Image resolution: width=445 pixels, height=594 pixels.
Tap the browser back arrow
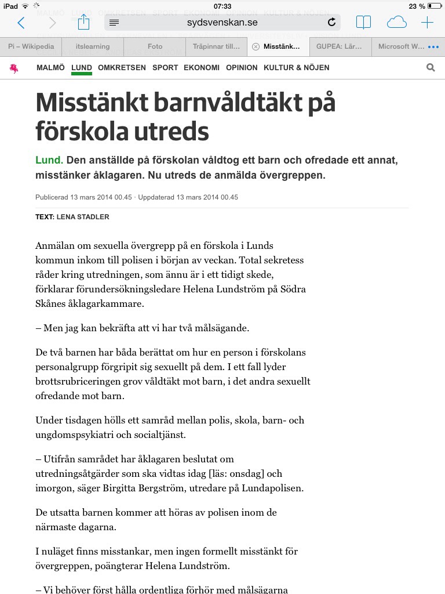coord(21,23)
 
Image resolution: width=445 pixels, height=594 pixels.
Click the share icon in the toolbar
coord(84,23)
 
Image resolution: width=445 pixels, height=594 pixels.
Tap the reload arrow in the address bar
coord(331,23)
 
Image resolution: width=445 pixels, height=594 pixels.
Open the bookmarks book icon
coord(363,23)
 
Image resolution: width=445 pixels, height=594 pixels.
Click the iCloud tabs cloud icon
coord(396,23)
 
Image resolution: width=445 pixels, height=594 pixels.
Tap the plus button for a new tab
coord(427,23)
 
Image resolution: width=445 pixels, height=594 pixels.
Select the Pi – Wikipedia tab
coord(31,46)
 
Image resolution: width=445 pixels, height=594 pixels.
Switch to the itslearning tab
coord(93,46)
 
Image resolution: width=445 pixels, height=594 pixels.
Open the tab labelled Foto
coord(155,46)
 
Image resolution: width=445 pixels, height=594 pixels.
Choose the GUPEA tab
coord(339,46)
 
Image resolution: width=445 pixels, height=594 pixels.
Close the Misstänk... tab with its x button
coord(256,46)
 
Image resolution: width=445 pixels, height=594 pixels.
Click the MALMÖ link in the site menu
coord(50,67)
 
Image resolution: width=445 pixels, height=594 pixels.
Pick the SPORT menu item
coord(165,67)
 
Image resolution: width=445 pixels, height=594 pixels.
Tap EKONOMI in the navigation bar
coord(202,67)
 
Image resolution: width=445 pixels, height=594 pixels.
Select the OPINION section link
coord(242,67)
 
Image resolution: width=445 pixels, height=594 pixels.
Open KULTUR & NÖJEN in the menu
coord(296,67)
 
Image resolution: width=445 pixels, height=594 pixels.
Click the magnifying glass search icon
coord(431,67)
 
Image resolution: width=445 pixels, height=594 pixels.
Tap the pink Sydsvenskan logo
coord(14,68)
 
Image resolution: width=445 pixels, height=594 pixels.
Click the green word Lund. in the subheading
coord(49,160)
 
